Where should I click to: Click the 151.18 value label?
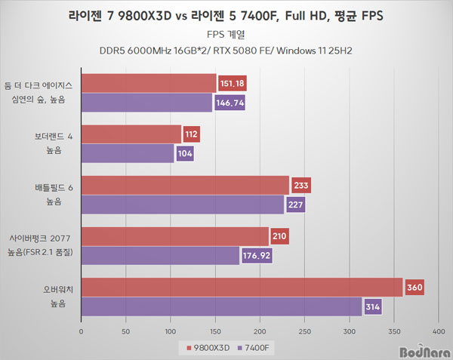tap(232, 83)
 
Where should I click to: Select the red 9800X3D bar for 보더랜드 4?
tap(131, 134)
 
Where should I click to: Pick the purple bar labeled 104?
tap(127, 154)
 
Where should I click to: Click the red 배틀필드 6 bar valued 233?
tap(184, 185)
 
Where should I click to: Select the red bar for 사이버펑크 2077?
tap(174, 236)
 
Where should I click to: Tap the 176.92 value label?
tap(254, 257)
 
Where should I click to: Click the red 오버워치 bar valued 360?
tap(242, 288)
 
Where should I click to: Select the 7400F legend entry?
tap(255, 347)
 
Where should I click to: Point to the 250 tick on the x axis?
tap(305, 330)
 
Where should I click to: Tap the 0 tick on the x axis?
tap(81, 330)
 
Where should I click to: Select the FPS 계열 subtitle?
tap(226, 34)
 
